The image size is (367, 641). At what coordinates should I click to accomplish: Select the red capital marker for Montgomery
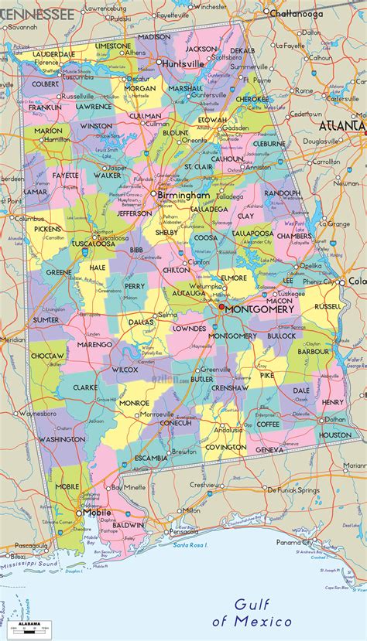pyautogui.click(x=221, y=306)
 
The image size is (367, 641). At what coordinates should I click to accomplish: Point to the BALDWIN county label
pyautogui.click(x=128, y=525)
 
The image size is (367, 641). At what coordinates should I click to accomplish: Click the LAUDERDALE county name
pyautogui.click(x=53, y=55)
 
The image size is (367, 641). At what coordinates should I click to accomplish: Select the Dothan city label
pyautogui.click(x=335, y=419)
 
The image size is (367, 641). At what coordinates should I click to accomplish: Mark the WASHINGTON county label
pyautogui.click(x=62, y=439)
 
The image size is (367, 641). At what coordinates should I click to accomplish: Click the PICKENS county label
pyautogui.click(x=46, y=230)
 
